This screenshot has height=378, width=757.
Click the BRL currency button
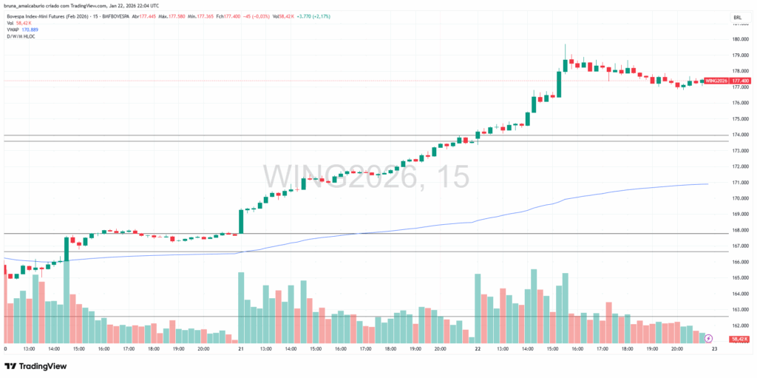pyautogui.click(x=737, y=17)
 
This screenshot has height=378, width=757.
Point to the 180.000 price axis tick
pyautogui.click(x=740, y=39)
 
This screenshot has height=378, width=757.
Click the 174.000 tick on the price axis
pyautogui.click(x=740, y=135)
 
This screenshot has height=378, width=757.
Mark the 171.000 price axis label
pyautogui.click(x=740, y=182)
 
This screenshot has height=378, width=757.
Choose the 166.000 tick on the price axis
pyautogui.click(x=740, y=262)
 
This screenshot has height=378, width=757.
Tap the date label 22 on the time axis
pyautogui.click(x=478, y=348)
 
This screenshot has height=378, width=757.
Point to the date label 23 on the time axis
pyautogui.click(x=714, y=348)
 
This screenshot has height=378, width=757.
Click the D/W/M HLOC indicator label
pyautogui.click(x=22, y=36)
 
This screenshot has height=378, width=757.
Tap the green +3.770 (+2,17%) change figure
pyautogui.click(x=319, y=17)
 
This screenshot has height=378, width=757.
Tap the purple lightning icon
pyautogui.click(x=709, y=338)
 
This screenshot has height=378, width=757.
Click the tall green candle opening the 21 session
pyautogui.click(x=241, y=221)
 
